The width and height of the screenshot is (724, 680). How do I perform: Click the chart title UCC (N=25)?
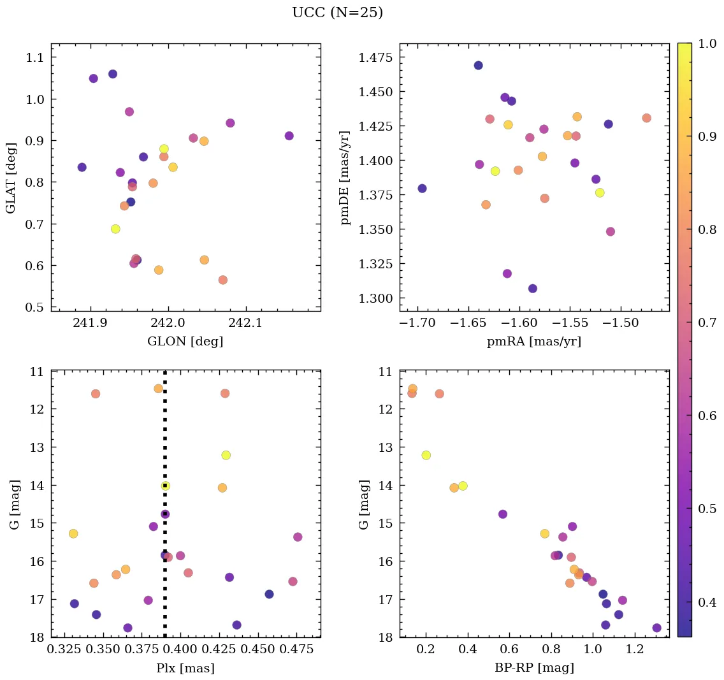(337, 13)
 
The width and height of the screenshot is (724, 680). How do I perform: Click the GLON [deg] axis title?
(185, 342)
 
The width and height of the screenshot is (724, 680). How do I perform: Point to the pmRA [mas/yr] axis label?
(534, 342)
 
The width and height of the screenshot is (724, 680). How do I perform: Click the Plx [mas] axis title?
(185, 669)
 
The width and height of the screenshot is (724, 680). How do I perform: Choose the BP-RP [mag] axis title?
(534, 669)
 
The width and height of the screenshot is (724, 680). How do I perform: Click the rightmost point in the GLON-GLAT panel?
(289, 136)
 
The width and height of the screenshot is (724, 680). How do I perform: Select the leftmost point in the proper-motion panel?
(422, 189)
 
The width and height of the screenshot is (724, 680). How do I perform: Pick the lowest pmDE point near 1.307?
(533, 289)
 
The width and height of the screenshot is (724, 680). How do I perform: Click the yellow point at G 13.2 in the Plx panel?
(226, 455)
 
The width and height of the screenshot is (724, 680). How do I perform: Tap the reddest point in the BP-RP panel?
(656, 628)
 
